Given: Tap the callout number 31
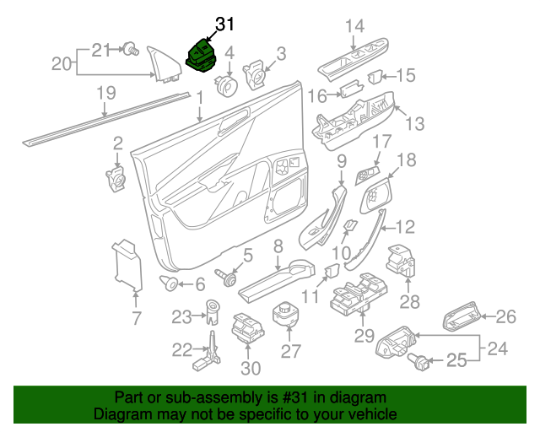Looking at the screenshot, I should [x=224, y=24].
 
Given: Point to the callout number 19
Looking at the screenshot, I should [x=105, y=94].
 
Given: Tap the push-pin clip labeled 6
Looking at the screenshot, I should [x=170, y=283].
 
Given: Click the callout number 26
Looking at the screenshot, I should [x=505, y=317].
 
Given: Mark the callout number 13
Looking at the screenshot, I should [x=413, y=125].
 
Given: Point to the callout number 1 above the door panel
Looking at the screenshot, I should [x=200, y=99].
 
